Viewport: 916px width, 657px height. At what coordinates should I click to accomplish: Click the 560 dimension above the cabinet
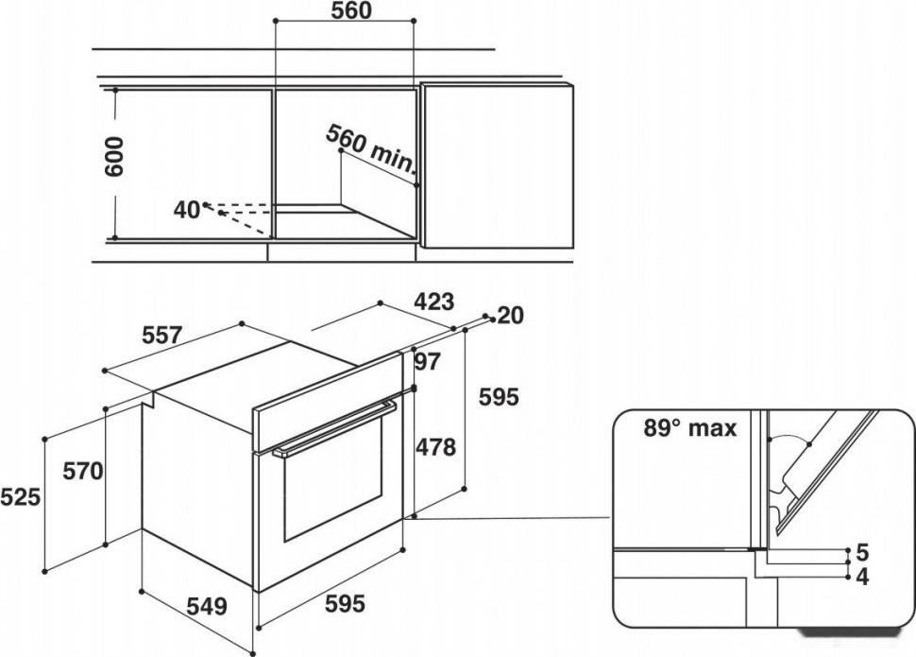point(351,10)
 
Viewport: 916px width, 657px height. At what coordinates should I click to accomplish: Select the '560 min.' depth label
point(370,149)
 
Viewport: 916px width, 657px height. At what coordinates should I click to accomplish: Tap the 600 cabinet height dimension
point(114,157)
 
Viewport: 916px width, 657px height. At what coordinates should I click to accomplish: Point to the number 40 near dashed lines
point(187,210)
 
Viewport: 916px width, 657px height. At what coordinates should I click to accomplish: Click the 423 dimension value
point(433,302)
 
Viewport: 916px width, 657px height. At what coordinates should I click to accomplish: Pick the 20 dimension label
point(511,316)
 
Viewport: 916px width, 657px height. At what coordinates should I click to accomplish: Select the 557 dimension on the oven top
point(161,336)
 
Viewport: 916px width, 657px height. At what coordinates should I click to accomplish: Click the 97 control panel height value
point(427,362)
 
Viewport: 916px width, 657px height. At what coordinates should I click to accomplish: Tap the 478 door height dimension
point(435,447)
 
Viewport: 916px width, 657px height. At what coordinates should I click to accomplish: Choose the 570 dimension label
point(83,471)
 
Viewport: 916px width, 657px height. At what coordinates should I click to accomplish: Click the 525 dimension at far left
point(21,497)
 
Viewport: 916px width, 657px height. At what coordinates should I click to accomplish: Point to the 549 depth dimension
point(206,606)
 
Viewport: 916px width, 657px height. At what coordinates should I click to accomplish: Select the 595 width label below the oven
point(345,603)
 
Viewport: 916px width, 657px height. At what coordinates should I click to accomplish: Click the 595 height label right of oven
point(499,397)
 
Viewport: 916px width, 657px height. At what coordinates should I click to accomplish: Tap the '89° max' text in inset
point(690,428)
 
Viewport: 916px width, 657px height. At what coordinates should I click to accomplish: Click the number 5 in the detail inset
point(862,552)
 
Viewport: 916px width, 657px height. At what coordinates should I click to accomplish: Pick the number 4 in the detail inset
point(862,577)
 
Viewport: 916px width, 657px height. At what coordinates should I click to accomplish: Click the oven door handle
point(334,427)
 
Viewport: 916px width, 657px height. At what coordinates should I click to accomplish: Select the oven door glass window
point(333,478)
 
